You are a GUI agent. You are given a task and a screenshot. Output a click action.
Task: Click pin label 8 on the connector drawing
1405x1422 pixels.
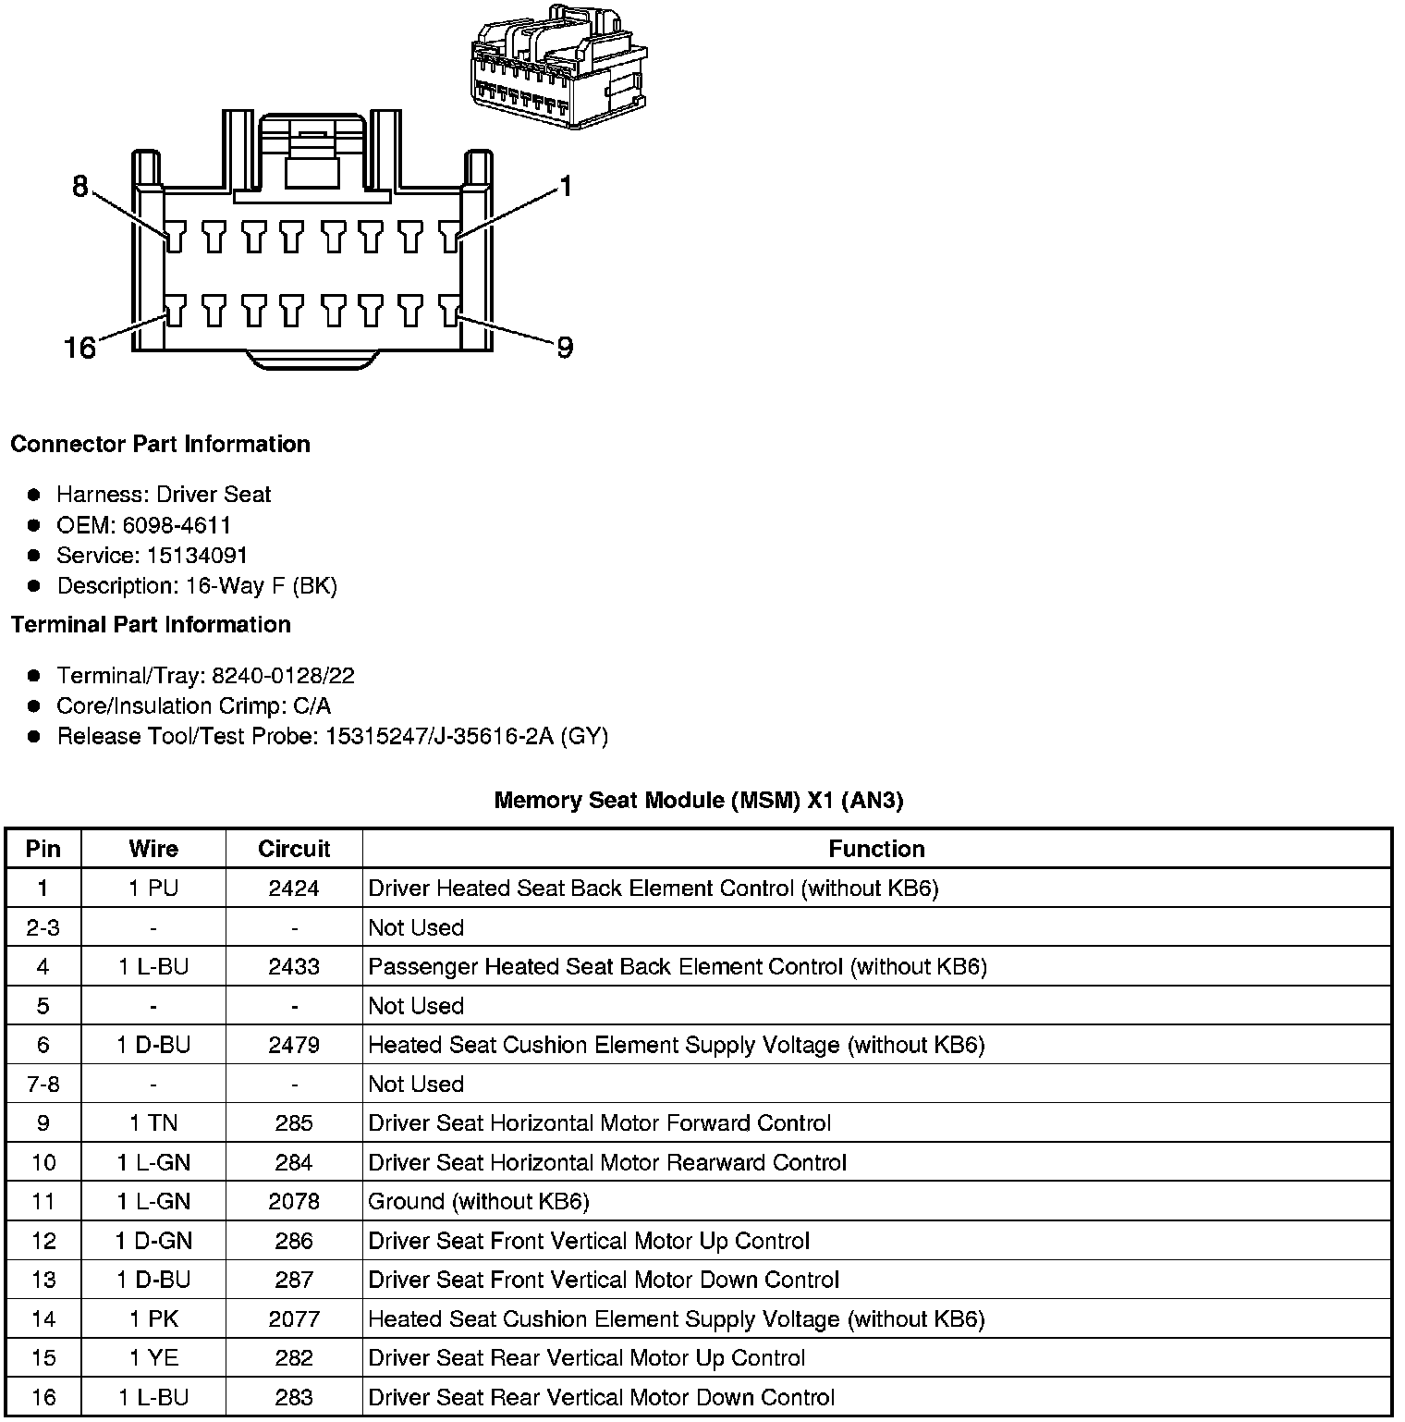click(x=80, y=187)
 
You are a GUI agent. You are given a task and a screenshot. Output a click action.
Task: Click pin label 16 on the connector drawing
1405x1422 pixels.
click(x=80, y=348)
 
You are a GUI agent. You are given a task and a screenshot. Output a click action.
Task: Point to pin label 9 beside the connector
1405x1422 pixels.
click(x=564, y=348)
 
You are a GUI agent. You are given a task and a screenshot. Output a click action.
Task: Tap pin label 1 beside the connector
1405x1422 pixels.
click(x=566, y=187)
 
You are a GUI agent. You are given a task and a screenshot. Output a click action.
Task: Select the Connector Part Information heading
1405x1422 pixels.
click(x=160, y=444)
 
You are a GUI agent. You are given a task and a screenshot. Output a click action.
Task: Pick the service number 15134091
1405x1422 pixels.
click(x=197, y=556)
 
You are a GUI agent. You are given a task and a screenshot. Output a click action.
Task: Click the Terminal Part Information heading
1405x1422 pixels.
click(x=151, y=625)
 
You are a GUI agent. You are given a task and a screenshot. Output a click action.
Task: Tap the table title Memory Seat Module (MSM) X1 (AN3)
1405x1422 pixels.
click(x=699, y=800)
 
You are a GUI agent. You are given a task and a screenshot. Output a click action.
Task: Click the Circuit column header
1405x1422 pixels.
click(x=294, y=849)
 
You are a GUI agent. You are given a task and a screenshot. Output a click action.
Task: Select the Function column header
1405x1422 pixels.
click(x=876, y=849)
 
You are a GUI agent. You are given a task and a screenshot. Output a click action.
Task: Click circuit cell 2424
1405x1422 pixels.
click(x=294, y=889)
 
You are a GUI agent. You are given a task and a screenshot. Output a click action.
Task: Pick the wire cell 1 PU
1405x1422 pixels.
click(x=153, y=889)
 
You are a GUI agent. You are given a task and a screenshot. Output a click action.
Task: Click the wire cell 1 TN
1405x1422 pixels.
click(x=153, y=1123)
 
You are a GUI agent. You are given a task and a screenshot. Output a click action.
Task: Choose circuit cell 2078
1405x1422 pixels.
click(x=294, y=1201)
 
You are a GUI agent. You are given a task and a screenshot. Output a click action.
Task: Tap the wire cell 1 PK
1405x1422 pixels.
click(x=153, y=1318)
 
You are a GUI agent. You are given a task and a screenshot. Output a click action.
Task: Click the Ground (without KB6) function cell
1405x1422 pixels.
click(x=479, y=1201)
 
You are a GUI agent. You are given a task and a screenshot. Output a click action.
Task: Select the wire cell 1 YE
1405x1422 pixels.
click(x=153, y=1358)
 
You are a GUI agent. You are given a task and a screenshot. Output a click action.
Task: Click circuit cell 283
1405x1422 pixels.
click(x=294, y=1397)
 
